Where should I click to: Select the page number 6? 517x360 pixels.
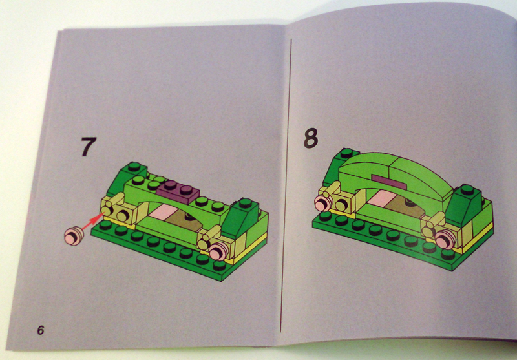click(x=40, y=330)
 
